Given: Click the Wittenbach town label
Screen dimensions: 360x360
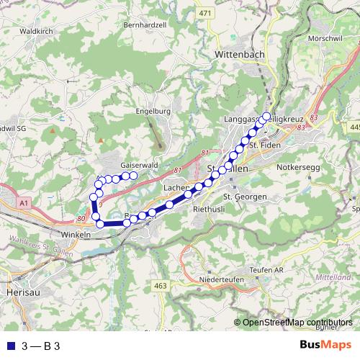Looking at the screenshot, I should point(240,54).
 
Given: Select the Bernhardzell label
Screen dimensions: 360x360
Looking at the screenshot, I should point(145,24).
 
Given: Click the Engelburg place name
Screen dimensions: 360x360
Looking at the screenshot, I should point(153,112).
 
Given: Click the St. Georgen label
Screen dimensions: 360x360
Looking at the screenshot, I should point(246,197).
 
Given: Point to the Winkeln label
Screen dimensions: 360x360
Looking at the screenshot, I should point(76,234).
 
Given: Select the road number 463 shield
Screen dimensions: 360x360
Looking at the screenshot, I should point(160,287).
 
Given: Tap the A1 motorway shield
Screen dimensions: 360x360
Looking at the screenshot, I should point(24,204).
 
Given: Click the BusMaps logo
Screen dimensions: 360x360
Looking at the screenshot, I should point(324,345).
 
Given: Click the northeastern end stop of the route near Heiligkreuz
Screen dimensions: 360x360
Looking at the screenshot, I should point(266,117).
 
